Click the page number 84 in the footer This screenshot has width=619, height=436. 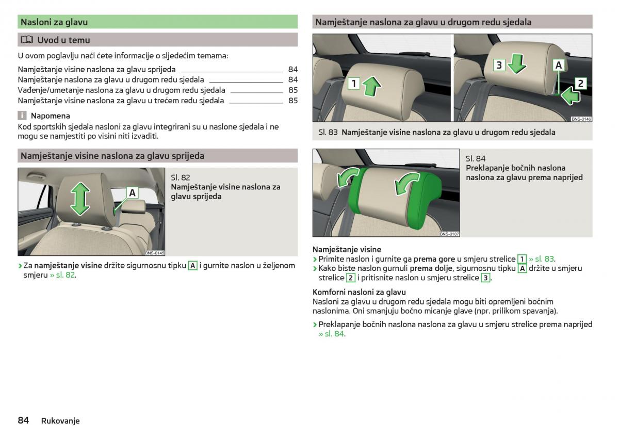(23, 420)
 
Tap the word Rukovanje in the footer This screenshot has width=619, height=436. (60, 421)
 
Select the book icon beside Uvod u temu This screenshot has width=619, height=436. (27, 40)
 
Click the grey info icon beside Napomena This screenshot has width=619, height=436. (22, 116)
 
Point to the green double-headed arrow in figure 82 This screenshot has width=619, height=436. (80, 199)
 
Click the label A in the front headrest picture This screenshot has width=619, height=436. (133, 192)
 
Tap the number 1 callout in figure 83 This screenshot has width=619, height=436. (354, 84)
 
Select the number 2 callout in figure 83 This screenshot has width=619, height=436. (581, 83)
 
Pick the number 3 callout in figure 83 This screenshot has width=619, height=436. (499, 65)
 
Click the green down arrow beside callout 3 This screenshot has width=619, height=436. (517, 64)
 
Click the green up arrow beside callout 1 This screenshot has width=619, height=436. (371, 86)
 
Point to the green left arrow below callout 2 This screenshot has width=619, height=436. (570, 96)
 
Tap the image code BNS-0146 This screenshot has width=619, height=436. (581, 119)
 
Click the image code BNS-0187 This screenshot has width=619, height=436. (449, 234)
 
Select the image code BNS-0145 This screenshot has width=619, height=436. (154, 253)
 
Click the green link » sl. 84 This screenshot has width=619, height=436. (331, 334)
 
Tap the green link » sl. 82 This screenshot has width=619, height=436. (62, 275)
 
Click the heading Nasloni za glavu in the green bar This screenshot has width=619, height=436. (54, 22)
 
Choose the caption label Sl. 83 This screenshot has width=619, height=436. (328, 132)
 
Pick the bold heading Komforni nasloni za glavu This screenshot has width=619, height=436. (359, 292)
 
